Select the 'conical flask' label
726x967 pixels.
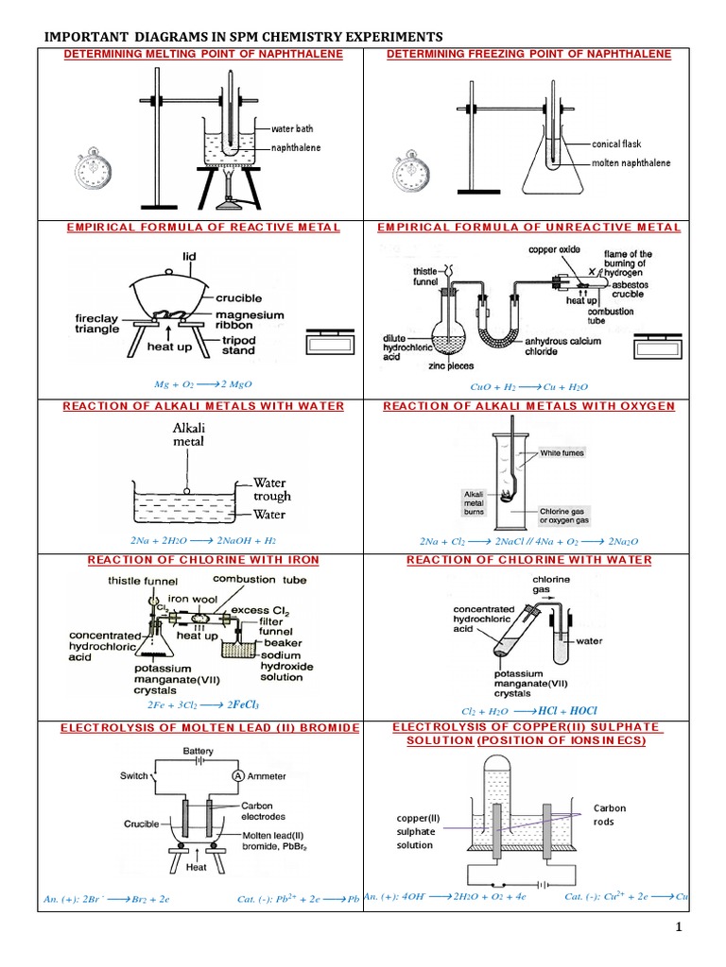click(616, 144)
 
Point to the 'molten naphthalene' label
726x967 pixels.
click(631, 162)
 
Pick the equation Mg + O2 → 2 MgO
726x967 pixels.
click(203, 386)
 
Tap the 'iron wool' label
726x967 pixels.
click(191, 598)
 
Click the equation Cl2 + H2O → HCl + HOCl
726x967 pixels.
click(529, 710)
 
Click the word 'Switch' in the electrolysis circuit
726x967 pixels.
click(134, 775)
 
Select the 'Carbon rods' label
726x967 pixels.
click(609, 815)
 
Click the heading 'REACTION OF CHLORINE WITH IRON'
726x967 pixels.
click(203, 560)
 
